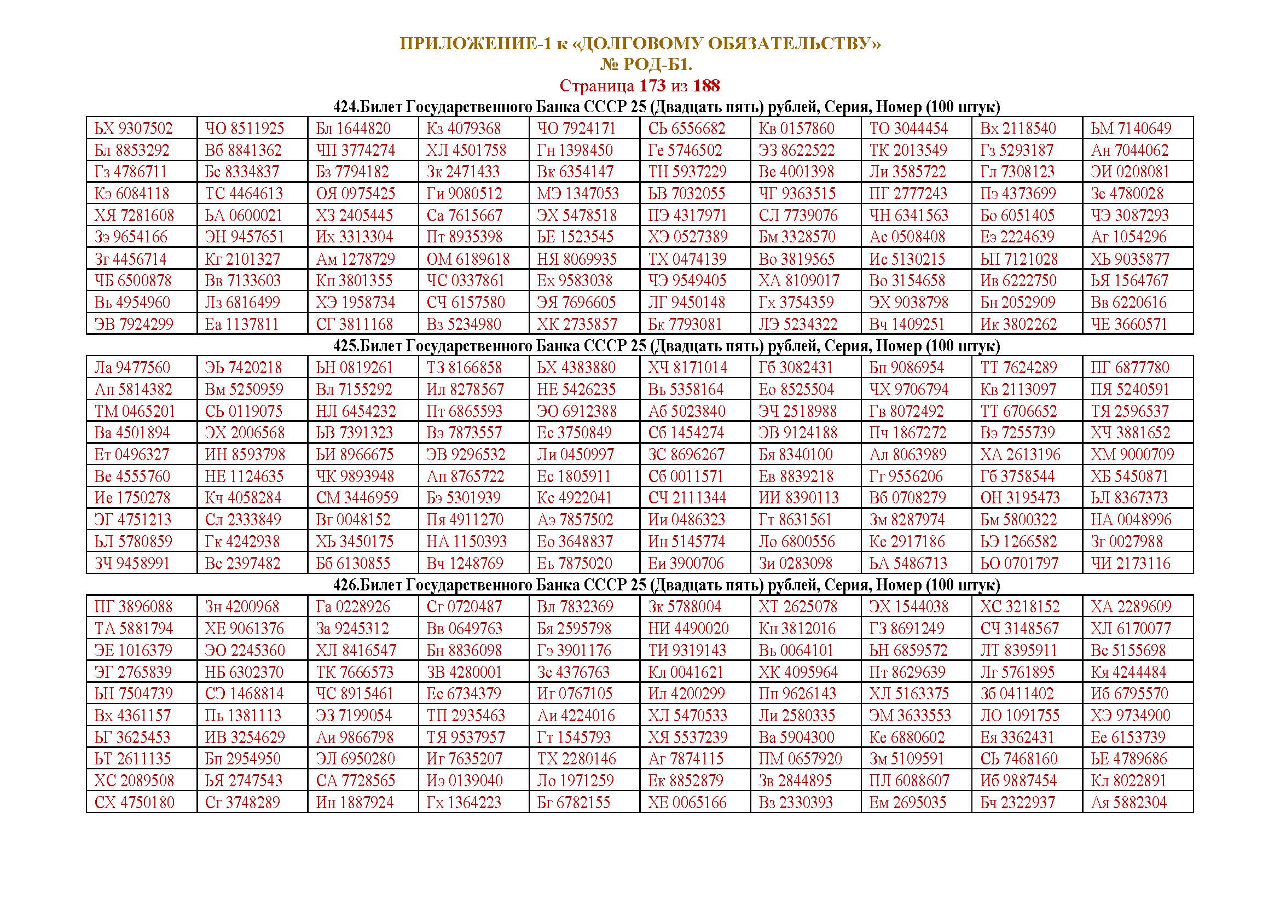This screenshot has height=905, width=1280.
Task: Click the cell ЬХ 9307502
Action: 134,128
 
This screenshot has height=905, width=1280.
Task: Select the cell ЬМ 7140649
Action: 1131,128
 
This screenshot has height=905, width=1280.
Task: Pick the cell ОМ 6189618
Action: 468,259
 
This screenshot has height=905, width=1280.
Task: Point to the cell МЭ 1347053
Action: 578,193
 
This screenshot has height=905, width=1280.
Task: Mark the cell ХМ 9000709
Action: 1132,454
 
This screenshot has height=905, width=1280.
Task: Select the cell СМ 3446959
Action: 357,497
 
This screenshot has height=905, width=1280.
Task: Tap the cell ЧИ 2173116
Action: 1130,563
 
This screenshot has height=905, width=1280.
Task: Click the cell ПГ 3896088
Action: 134,606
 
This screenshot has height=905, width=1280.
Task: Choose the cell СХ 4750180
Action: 135,803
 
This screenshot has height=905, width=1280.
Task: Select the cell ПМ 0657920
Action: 800,759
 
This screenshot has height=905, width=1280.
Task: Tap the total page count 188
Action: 706,86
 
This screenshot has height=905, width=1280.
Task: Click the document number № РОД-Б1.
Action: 646,65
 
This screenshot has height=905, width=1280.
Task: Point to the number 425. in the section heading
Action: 346,346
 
